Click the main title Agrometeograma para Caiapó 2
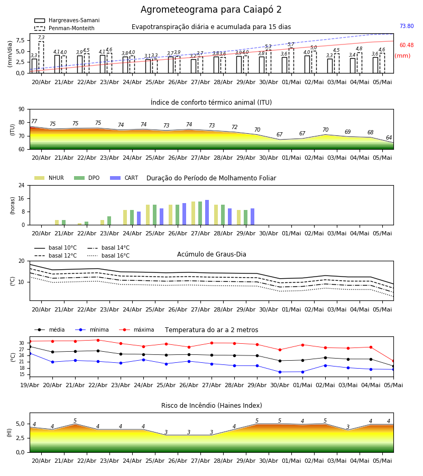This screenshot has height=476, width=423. [x=211, y=10]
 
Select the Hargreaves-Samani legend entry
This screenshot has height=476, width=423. [x=67, y=20]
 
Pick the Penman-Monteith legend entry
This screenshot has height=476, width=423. [x=65, y=28]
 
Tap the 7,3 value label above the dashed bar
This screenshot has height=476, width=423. [x=41, y=38]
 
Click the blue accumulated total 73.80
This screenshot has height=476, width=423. [x=407, y=26]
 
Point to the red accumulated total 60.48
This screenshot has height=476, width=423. [x=407, y=45]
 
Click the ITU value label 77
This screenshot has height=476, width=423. [x=34, y=121]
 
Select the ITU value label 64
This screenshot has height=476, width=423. [x=389, y=138]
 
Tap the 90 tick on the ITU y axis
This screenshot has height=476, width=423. [x=22, y=109]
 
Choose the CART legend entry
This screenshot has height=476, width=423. [x=124, y=178]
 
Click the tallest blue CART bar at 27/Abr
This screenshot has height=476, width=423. [x=207, y=213]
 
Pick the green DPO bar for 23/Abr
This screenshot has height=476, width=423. [x=109, y=221]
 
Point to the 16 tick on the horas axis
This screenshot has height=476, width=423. [x=22, y=198]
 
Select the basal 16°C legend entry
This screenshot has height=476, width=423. [x=108, y=255]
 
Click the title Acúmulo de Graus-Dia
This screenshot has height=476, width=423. [x=212, y=254]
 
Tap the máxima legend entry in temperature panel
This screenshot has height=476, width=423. [x=136, y=329]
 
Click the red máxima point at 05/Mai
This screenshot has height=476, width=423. [x=393, y=361]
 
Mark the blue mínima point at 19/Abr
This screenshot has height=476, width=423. [x=30, y=354]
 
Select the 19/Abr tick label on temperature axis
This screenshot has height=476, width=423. [x=30, y=385]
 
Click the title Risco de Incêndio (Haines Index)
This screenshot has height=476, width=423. [x=212, y=406]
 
